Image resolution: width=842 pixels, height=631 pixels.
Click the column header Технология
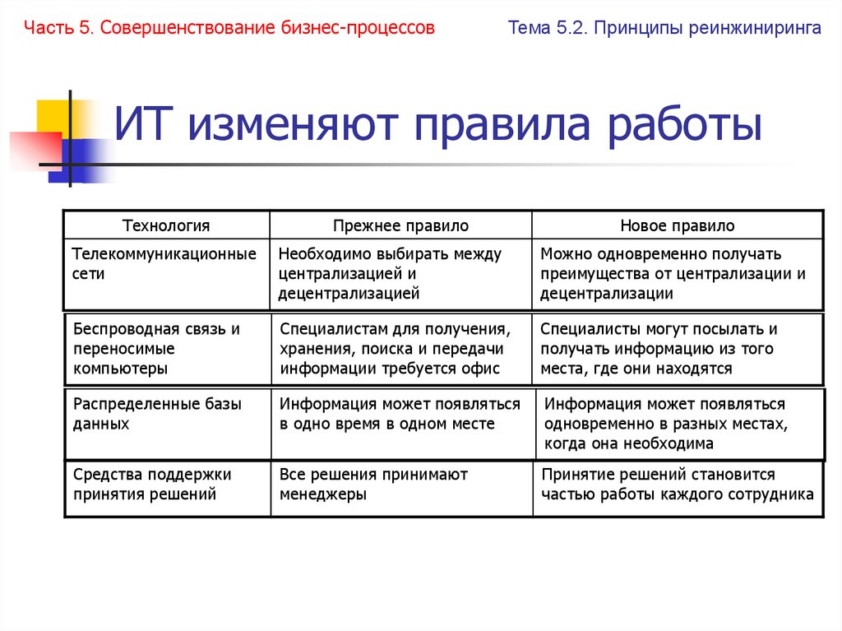[x=166, y=225]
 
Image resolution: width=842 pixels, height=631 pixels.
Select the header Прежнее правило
[x=400, y=225]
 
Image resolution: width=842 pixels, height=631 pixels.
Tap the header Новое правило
[x=678, y=225]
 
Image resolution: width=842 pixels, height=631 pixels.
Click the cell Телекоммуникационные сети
[x=164, y=264]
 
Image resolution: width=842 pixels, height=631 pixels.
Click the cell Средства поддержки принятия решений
[x=152, y=485]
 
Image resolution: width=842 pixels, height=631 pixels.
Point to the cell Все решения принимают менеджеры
[x=373, y=485]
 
